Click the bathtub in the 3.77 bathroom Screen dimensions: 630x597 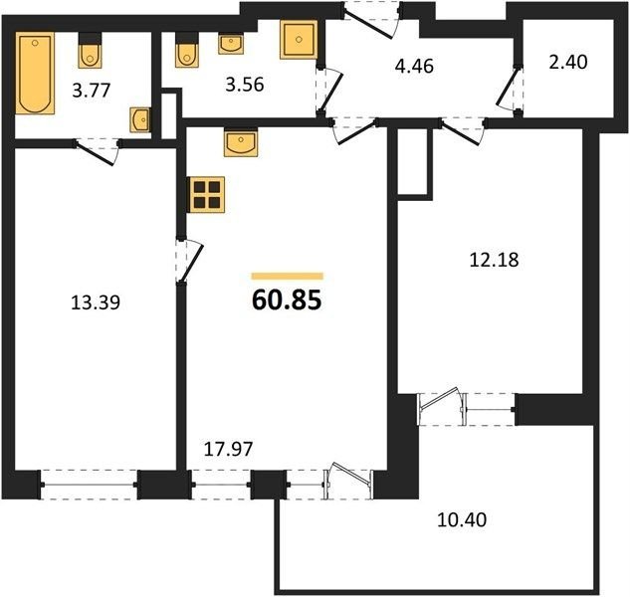(35, 73)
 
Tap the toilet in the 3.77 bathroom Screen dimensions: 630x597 (90, 51)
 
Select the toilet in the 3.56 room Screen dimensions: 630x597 (187, 50)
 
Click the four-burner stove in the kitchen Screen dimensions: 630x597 (207, 194)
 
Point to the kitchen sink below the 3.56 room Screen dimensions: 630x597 (241, 142)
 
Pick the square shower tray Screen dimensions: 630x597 (299, 40)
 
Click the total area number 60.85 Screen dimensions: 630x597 (287, 300)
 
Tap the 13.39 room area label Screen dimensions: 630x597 (96, 302)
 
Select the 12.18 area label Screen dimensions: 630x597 (495, 260)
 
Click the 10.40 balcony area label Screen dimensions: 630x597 (462, 519)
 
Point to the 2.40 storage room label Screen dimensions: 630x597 (568, 63)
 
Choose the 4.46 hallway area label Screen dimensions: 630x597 (414, 67)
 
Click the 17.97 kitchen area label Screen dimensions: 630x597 (229, 449)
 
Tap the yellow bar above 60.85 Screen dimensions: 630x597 (288, 276)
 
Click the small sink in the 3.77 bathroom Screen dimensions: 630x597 (140, 119)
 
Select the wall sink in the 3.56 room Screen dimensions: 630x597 (231, 44)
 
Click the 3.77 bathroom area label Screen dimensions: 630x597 (92, 91)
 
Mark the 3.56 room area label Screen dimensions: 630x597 (244, 86)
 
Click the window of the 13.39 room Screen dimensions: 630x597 (90, 485)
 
